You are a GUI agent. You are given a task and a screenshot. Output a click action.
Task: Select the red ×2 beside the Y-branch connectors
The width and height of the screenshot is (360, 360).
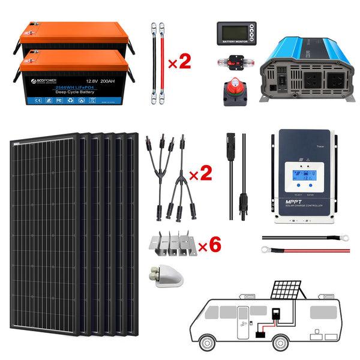(200, 174)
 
